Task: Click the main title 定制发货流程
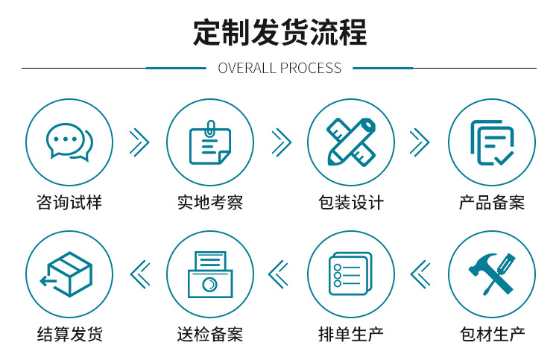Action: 279,33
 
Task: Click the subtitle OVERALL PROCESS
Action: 279,69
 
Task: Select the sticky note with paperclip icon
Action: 209,142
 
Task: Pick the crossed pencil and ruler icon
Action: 350,142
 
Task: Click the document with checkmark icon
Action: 491,142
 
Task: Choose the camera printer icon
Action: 209,274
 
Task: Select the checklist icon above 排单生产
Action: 350,274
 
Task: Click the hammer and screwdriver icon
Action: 491,274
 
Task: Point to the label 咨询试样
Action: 69,203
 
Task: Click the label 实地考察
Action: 209,203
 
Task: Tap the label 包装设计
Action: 350,203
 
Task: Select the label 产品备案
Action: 491,203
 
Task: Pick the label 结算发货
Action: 69,334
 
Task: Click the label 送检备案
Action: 209,334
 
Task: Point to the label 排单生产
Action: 350,334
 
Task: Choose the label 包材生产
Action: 491,334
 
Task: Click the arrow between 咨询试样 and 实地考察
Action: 139,142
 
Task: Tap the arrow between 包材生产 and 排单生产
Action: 420,274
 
